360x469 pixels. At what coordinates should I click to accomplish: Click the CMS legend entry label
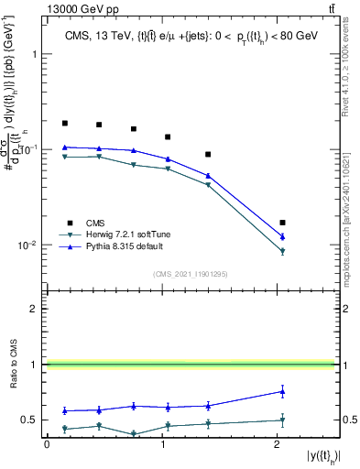coord(96,223)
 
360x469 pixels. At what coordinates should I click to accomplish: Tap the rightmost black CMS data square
coord(282,223)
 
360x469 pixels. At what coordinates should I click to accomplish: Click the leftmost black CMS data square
coord(65,123)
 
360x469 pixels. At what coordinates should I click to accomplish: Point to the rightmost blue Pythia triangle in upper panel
coord(282,237)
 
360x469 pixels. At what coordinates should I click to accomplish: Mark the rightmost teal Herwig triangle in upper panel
coord(282,251)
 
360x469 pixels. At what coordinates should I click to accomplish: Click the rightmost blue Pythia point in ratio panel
coord(282,391)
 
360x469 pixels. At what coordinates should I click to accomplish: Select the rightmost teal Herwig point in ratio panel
coord(282,420)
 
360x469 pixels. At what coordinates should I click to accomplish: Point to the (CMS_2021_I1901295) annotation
coord(189,273)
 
